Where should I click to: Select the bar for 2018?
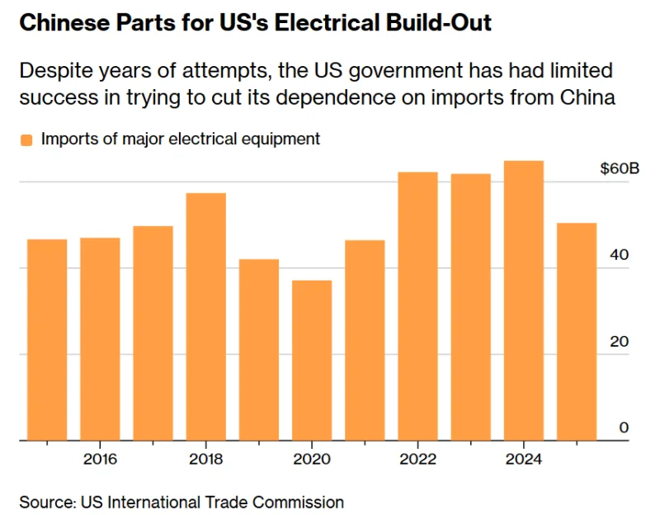point(206,317)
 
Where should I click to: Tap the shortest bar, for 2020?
point(312,361)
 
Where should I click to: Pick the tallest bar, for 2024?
point(524,300)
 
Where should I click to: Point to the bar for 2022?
point(417,306)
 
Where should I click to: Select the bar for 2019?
point(259,350)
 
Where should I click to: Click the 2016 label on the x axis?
point(99,459)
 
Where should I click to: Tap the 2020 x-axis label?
point(312,459)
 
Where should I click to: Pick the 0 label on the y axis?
point(625,428)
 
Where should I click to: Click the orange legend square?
point(26,139)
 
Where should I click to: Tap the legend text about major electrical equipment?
point(180,139)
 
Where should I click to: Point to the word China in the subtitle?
point(587,97)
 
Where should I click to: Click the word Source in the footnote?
point(45,501)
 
